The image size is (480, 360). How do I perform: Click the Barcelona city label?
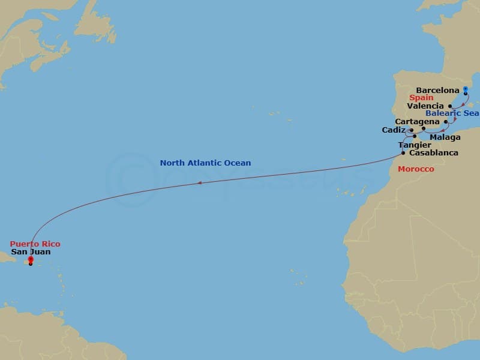click(437, 90)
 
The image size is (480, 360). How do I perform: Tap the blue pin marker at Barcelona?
click(466, 90)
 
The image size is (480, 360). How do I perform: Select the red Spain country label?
click(421, 98)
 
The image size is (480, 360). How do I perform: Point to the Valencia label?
click(425, 106)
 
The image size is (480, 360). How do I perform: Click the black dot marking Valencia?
click(450, 106)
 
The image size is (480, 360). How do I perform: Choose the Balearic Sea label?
click(452, 113)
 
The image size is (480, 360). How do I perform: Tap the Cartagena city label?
click(417, 122)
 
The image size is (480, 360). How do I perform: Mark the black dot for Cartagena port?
click(446, 122)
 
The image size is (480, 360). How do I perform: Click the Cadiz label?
click(394, 130)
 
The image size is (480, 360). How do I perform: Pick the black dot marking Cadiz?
click(412, 130)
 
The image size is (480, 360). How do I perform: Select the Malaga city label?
click(445, 137)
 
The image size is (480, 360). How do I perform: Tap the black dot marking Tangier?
click(415, 136)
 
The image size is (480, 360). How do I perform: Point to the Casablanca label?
click(433, 153)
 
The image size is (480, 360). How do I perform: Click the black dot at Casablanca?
click(403, 153)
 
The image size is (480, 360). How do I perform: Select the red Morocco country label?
click(416, 169)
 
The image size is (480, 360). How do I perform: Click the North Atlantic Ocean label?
click(205, 163)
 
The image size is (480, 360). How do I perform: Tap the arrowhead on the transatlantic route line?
click(200, 184)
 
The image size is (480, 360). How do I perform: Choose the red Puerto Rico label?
click(35, 244)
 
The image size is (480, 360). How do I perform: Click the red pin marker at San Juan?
click(31, 260)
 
